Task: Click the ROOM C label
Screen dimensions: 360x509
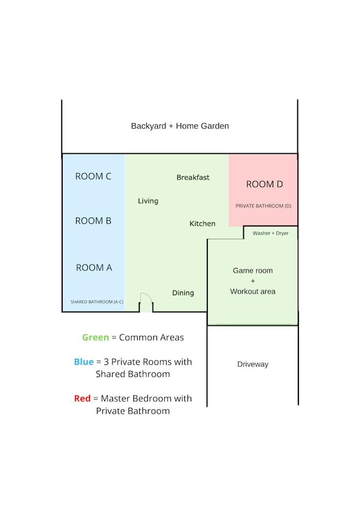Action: pyautogui.click(x=93, y=176)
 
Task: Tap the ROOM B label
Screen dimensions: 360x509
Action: pyautogui.click(x=93, y=221)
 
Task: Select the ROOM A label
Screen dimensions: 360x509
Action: pyautogui.click(x=94, y=267)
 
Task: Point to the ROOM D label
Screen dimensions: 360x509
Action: pyautogui.click(x=264, y=184)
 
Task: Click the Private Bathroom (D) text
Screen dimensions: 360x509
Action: pyautogui.click(x=263, y=206)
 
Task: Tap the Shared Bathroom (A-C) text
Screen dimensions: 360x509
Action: pyautogui.click(x=97, y=302)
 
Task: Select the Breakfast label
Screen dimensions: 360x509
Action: pyautogui.click(x=193, y=177)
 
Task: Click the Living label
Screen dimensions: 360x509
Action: pyautogui.click(x=148, y=201)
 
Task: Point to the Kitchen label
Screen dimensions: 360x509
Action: pyautogui.click(x=202, y=223)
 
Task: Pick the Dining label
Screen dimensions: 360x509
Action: pyautogui.click(x=183, y=293)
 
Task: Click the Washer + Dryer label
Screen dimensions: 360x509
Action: pyautogui.click(x=271, y=233)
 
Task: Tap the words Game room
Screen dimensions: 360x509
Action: pyautogui.click(x=252, y=271)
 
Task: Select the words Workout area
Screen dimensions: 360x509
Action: pyautogui.click(x=252, y=291)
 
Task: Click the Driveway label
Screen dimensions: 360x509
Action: pyautogui.click(x=252, y=364)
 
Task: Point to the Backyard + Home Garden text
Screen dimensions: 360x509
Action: pyautogui.click(x=180, y=126)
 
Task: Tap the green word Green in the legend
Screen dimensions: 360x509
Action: pyautogui.click(x=95, y=337)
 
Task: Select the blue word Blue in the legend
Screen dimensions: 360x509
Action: pyautogui.click(x=84, y=362)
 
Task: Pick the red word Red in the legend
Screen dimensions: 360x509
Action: pyautogui.click(x=82, y=398)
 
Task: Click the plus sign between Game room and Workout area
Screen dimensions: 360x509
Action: pyautogui.click(x=253, y=281)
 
